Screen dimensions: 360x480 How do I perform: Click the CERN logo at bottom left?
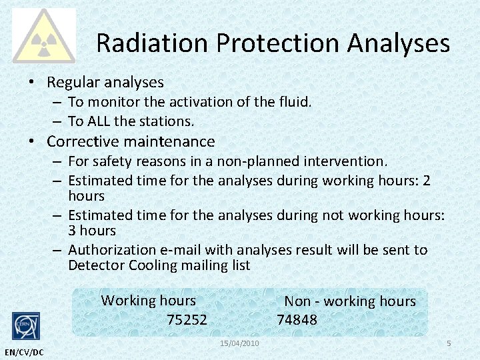tap(26, 326)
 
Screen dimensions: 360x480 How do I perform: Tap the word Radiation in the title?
tap(151, 43)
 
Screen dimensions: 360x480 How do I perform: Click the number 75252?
tap(187, 320)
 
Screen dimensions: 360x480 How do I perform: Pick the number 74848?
tap(297, 320)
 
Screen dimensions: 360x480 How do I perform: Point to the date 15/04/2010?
tap(239, 343)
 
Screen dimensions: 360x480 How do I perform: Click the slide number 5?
tap(449, 343)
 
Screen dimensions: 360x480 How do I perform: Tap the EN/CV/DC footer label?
tap(23, 352)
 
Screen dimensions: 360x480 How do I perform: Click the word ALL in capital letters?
tap(99, 121)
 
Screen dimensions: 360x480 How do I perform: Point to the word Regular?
tap(74, 83)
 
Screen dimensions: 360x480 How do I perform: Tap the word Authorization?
tap(112, 250)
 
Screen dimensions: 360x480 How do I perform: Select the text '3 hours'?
tap(92, 231)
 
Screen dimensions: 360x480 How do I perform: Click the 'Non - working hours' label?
tap(350, 301)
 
